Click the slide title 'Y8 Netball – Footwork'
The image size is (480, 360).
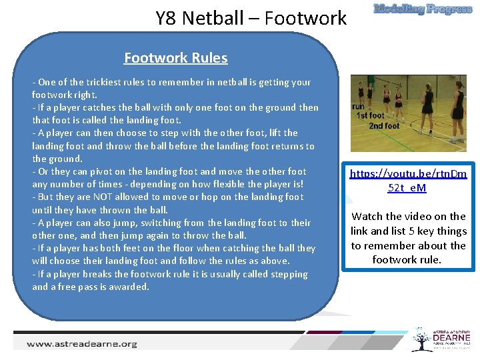point(251,18)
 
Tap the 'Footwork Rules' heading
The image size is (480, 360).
point(175,58)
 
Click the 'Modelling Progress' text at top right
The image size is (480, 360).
point(423,9)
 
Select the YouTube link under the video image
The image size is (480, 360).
point(408,181)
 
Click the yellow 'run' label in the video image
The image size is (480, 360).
point(358,106)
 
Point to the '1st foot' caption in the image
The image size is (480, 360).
point(370,115)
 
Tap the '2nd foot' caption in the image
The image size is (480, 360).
point(384,125)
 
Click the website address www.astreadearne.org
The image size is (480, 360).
point(82,344)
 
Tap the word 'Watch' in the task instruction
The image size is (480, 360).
point(367,216)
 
